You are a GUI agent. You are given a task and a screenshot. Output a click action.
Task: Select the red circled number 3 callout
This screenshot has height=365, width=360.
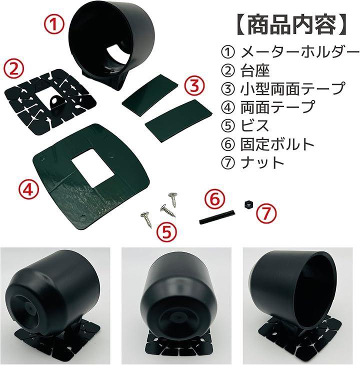tap(194, 86)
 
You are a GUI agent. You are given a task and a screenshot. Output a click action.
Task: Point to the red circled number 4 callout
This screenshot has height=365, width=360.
tap(28, 190)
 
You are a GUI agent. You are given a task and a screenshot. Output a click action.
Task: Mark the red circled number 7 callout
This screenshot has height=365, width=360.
tap(266, 213)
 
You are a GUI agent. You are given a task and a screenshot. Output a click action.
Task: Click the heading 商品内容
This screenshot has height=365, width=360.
tap(291, 25)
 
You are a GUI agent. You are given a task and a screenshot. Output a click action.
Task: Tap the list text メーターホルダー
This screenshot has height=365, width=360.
tap(300, 52)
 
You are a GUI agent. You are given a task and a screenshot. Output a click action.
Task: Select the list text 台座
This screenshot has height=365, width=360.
tap(255, 71)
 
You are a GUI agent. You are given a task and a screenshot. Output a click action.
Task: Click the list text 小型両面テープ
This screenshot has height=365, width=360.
tap(292, 89)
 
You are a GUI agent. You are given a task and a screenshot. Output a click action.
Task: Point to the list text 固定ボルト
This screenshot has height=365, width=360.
tap(277, 144)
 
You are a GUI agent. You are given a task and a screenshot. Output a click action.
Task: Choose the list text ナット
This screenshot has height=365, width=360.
tap(262, 162)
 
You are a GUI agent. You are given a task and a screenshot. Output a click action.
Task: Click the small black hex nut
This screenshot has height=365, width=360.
tap(248, 205)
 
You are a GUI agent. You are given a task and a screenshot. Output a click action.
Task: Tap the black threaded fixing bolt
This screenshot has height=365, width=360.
tap(217, 216)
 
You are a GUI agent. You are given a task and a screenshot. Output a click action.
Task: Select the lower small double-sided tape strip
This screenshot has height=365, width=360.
tap(178, 120)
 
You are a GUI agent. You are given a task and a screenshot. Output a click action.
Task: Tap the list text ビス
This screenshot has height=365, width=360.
tap(254, 125)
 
